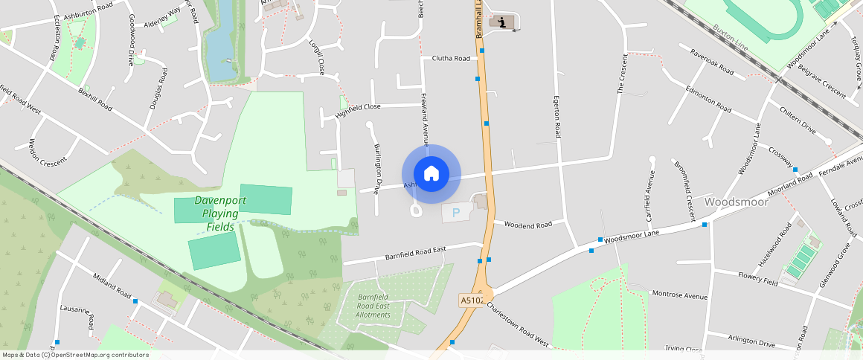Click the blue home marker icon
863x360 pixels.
point(431,174)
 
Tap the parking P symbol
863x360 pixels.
point(456,213)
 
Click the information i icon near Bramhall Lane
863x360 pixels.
point(505,22)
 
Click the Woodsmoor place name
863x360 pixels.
point(735,202)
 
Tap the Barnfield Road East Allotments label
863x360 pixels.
point(373,305)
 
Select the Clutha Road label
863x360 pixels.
point(451,58)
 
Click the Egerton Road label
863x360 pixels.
point(556,116)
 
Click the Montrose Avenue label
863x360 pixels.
point(679,295)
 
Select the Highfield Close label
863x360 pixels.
point(358,107)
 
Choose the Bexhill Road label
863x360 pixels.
point(94,98)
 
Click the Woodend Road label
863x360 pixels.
point(527,224)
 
